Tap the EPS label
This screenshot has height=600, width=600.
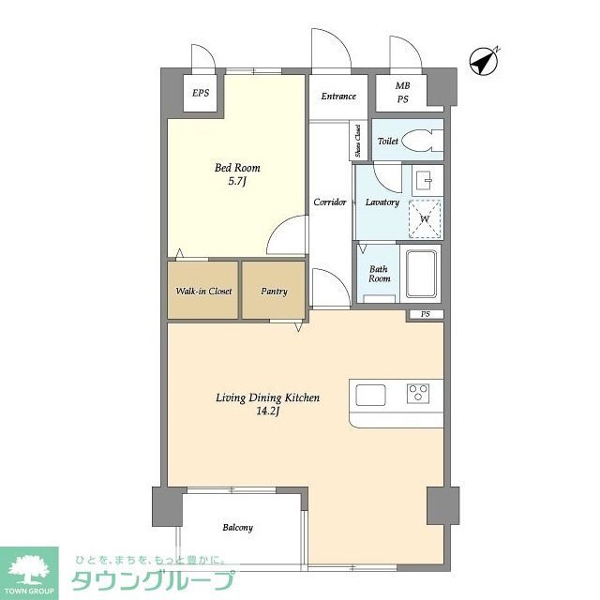click(x=201, y=93)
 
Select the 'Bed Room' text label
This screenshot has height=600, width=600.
click(x=237, y=168)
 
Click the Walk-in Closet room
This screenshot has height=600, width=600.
click(x=203, y=291)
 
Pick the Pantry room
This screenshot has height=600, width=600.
click(x=274, y=291)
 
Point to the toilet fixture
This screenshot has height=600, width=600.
click(x=424, y=141)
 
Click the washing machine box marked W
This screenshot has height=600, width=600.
click(x=425, y=218)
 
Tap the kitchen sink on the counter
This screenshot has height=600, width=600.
click(x=370, y=393)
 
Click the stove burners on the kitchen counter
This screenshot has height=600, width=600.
click(x=418, y=393)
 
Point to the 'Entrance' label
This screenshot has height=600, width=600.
click(x=338, y=96)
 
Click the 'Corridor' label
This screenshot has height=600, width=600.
click(x=330, y=202)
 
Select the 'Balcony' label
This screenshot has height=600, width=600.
click(x=237, y=528)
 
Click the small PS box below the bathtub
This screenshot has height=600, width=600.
click(x=425, y=314)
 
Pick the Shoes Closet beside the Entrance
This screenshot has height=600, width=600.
click(x=357, y=141)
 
